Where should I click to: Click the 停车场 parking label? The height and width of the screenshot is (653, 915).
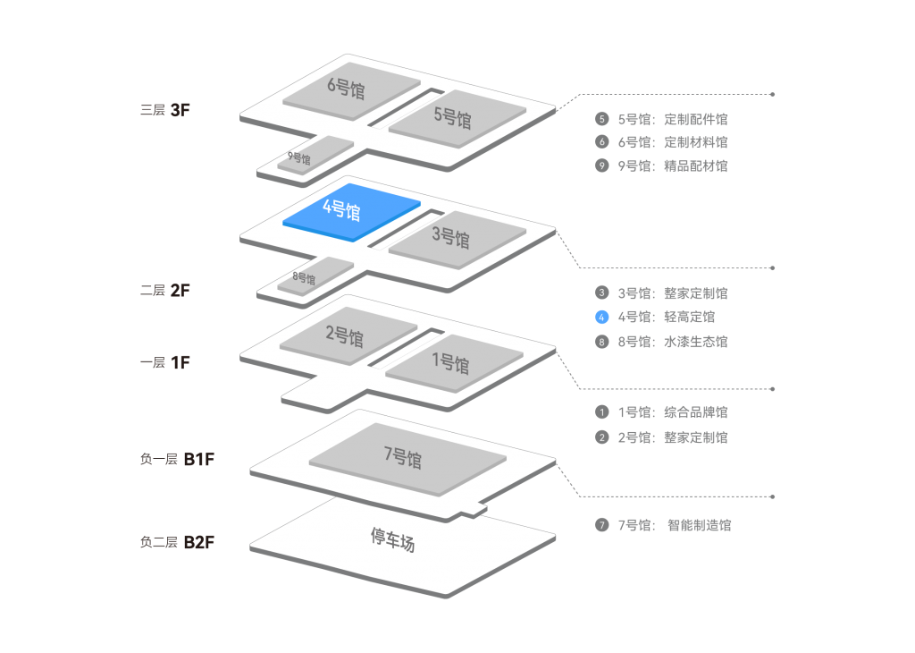pos(393,539)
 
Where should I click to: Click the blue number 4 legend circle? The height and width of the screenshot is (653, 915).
pos(602,317)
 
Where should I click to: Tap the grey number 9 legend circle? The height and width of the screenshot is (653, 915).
pos(602,165)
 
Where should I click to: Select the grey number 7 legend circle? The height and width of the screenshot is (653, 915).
pos(602,525)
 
